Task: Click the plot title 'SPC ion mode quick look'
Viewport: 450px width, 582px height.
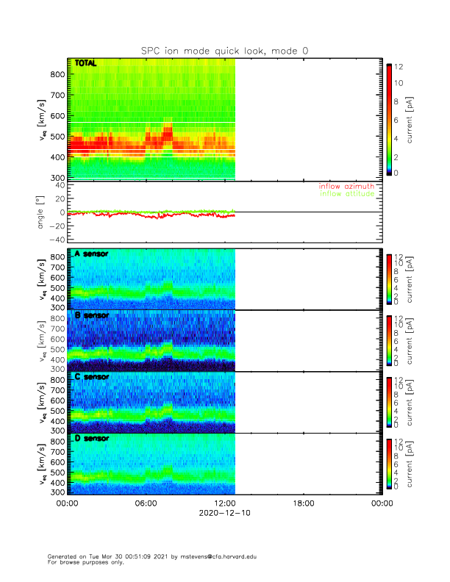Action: tap(225, 51)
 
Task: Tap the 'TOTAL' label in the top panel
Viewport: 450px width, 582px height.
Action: tap(86, 64)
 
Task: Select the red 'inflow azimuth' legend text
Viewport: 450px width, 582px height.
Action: tap(346, 187)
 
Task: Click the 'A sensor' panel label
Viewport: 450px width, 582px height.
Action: tap(91, 254)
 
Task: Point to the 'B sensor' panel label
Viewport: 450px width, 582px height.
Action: tap(91, 315)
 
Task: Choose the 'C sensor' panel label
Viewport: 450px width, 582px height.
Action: tap(91, 377)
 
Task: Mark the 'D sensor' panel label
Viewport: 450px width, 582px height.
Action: tap(91, 439)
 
